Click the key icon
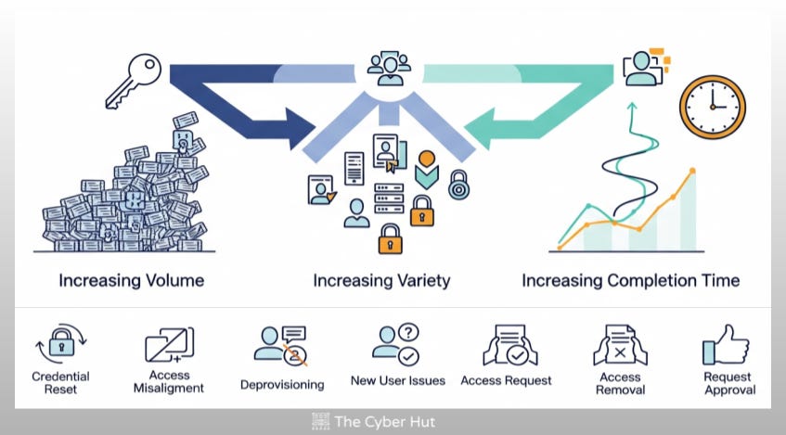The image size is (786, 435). pos(133,82)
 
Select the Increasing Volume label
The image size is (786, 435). pos(131,280)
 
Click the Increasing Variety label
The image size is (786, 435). pos(381,280)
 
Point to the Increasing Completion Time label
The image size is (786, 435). pos(630,280)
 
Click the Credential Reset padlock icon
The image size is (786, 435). pos(60,346)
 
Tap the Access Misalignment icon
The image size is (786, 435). pos(169,346)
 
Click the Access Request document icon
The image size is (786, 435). pos(506,346)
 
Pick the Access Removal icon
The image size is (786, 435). pos(620,346)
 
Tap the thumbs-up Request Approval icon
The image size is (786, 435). pos(726,346)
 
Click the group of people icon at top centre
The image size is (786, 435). pos(389,68)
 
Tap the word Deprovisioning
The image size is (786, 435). pos(282,384)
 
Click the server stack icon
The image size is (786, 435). pos(389,198)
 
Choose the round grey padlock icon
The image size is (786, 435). pos(458,185)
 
